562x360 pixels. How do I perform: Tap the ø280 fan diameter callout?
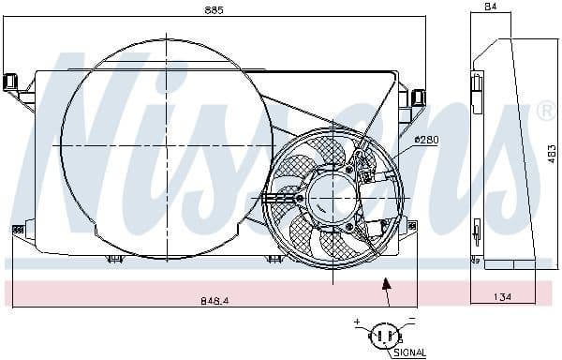(425, 140)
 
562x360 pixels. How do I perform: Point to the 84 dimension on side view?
(489, 8)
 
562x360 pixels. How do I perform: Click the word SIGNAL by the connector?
(407, 352)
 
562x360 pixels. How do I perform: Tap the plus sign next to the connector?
(357, 322)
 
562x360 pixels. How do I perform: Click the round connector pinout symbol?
(383, 335)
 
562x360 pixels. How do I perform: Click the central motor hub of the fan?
(332, 198)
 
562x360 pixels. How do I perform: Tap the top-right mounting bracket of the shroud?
(417, 96)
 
